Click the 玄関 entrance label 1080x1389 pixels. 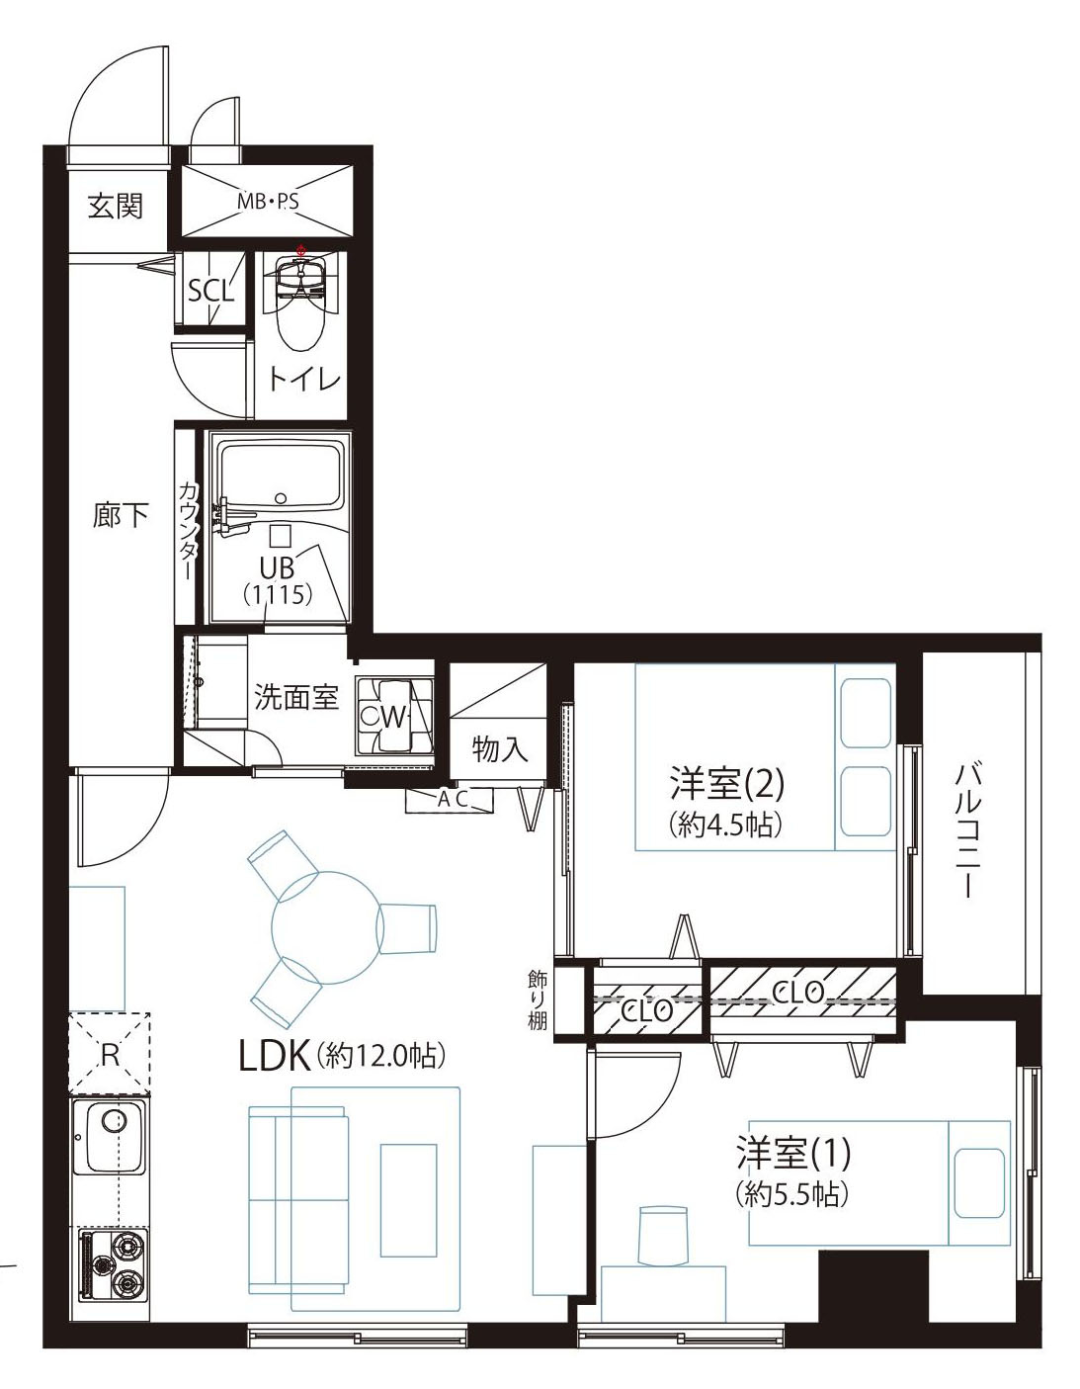point(116,206)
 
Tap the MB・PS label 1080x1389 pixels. point(267,203)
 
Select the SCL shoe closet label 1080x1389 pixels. point(210,290)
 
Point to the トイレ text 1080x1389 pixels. point(304,380)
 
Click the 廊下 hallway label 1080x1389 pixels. point(121,514)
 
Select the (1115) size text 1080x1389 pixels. point(278,594)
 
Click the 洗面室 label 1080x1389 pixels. point(296,697)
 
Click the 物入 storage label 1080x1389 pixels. point(499,748)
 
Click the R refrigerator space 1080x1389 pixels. point(110,1054)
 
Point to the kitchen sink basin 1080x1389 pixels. point(110,1136)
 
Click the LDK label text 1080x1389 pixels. point(275,1056)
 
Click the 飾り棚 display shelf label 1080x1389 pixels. point(538,1000)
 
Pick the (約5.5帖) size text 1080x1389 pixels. point(791,1194)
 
